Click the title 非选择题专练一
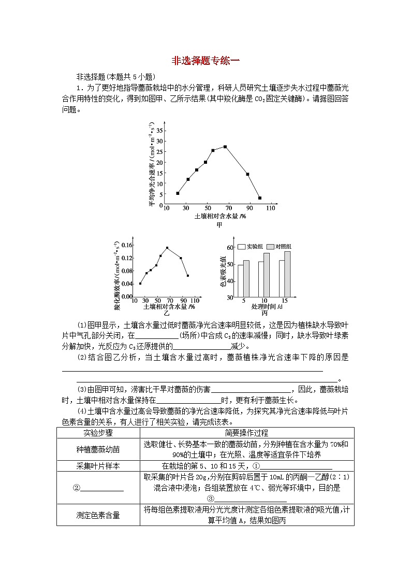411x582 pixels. click(x=205, y=61)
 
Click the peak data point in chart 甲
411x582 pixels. click(x=225, y=147)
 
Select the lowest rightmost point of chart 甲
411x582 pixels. click(x=260, y=198)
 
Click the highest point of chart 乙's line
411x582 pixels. click(x=167, y=248)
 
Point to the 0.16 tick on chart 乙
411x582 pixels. click(x=126, y=245)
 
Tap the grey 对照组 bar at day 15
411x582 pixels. click(x=287, y=274)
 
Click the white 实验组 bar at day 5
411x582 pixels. click(x=240, y=280)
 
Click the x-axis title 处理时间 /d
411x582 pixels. click(x=264, y=307)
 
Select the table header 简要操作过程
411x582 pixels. click(x=246, y=433)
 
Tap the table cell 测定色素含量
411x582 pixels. click(x=98, y=515)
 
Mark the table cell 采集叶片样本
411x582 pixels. click(x=98, y=466)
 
